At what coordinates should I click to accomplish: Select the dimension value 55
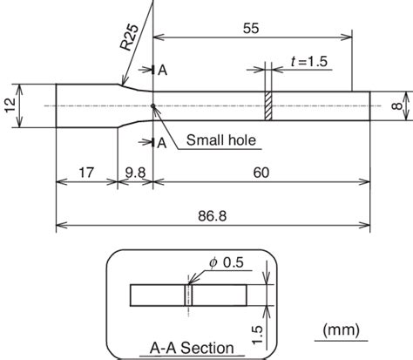pyautogui.click(x=251, y=28)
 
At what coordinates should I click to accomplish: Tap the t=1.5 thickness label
pyautogui.click(x=306, y=62)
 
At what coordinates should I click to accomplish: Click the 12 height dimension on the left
pyautogui.click(x=10, y=105)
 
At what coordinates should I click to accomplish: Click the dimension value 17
pyautogui.click(x=85, y=173)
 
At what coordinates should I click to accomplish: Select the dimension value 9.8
pyautogui.click(x=135, y=173)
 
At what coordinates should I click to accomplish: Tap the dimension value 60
pyautogui.click(x=261, y=173)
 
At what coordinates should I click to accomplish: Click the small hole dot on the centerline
pyautogui.click(x=152, y=106)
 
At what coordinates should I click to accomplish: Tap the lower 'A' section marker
pyautogui.click(x=161, y=143)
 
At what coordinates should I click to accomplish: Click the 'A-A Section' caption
pyautogui.click(x=186, y=348)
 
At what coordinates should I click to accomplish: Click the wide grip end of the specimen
pyautogui.click(x=85, y=106)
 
